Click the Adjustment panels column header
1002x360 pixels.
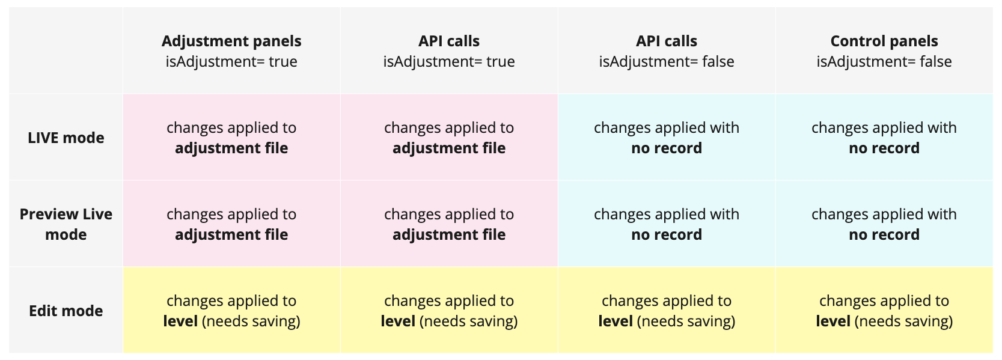point(231,50)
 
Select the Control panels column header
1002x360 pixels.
point(884,50)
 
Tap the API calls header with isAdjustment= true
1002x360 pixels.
point(448,50)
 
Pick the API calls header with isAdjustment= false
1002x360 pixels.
point(667,50)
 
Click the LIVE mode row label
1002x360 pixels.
point(66,138)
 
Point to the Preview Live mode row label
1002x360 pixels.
point(66,224)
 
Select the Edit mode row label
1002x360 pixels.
point(66,311)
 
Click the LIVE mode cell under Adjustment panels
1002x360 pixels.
point(231,137)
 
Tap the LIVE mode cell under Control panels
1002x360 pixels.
point(884,137)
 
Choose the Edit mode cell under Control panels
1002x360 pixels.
point(884,310)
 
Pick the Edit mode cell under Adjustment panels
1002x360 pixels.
point(231,310)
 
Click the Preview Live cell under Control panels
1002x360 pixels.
point(884,224)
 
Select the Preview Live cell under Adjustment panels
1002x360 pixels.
point(231,224)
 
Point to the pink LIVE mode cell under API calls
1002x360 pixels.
point(448,137)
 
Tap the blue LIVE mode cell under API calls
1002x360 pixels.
point(667,137)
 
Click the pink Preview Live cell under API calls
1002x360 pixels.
point(448,224)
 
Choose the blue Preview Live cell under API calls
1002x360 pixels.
point(667,224)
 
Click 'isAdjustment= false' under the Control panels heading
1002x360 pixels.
point(884,61)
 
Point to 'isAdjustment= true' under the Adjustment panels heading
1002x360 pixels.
point(231,61)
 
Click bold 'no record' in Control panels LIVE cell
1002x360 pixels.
point(884,148)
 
